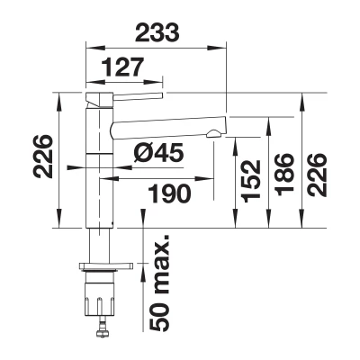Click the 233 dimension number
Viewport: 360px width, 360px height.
pos(157,32)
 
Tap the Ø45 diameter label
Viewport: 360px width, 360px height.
pos(157,153)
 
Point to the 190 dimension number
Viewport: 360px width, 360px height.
pos(170,193)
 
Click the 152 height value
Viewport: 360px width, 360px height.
pos(251,182)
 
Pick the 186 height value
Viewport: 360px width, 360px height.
pos(284,175)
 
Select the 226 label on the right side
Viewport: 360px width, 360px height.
pos(318,175)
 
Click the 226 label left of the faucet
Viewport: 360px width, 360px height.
pos(43,157)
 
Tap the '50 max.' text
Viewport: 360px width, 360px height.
pos(159,283)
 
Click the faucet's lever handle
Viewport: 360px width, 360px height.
pos(138,95)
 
